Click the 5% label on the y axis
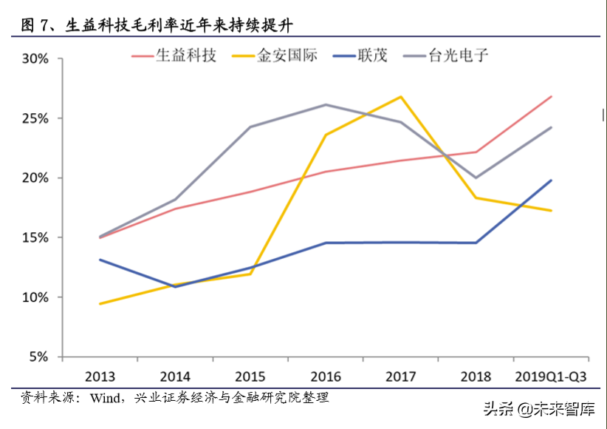[38, 357]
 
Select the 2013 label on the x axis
[100, 376]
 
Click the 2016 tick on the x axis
[326, 376]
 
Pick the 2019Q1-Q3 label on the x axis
[550, 376]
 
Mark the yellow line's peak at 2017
[401, 97]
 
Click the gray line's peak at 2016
[326, 104]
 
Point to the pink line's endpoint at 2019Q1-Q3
[551, 96]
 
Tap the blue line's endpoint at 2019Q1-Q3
[551, 180]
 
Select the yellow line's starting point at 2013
[100, 303]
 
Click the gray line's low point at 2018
[476, 178]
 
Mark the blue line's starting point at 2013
[100, 260]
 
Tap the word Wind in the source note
[106, 398]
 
